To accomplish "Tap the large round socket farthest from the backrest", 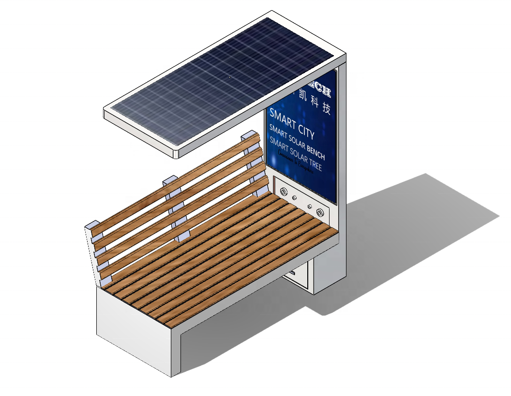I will pos(320,212).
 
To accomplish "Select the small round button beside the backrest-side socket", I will pos(294,198).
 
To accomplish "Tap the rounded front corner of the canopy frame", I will pos(177,153).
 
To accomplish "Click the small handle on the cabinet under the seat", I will pos(293,275).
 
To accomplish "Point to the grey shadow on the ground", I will pos(411,227).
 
